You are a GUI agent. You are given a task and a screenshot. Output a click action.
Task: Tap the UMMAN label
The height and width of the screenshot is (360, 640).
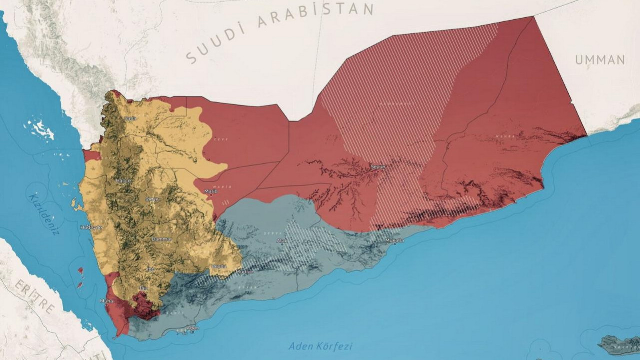pyautogui.click(x=600, y=60)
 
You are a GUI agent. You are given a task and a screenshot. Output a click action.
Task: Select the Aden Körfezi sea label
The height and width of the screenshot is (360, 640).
pyautogui.click(x=321, y=346)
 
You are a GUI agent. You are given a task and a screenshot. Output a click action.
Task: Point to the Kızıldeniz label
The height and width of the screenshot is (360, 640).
pyautogui.click(x=47, y=215)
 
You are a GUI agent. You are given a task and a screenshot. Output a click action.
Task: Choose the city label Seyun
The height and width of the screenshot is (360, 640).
pyautogui.click(x=378, y=167)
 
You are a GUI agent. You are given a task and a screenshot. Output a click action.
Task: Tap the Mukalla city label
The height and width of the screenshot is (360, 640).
pyautogui.click(x=394, y=241)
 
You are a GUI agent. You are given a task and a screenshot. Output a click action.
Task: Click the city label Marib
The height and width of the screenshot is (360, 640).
pyautogui.click(x=208, y=191)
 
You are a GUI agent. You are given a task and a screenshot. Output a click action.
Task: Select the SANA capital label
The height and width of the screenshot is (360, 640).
pyautogui.click(x=152, y=199)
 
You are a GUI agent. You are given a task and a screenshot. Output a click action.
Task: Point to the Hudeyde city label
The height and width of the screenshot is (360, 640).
pyautogui.click(x=91, y=227)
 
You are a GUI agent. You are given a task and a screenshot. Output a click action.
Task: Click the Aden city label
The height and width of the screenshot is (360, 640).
pyautogui.click(x=192, y=328)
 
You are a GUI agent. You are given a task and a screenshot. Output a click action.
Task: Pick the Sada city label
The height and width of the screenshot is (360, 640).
pyautogui.click(x=130, y=118)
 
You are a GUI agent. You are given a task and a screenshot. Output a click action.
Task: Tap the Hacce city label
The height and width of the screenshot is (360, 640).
pyautogui.click(x=123, y=180)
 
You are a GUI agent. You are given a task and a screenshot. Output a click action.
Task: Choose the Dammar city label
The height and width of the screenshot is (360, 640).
pyautogui.click(x=162, y=239)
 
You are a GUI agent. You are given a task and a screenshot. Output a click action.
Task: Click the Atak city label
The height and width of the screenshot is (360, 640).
pyautogui.click(x=281, y=241)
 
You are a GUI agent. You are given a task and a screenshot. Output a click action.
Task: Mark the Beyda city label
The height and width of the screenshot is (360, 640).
pyautogui.click(x=218, y=266)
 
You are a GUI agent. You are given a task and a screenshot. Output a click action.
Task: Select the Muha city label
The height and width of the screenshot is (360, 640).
pyautogui.click(x=107, y=301)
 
